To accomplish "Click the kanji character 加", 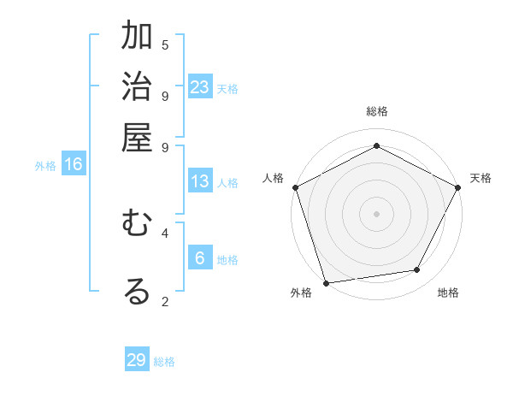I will [137, 38].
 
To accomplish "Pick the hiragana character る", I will [137, 291].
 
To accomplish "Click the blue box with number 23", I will [200, 87].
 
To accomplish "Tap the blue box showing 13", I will [200, 181].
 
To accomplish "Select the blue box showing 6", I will [200, 258].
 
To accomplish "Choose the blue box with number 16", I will [74, 164].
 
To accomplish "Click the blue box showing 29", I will [137, 360].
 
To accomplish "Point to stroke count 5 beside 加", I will [165, 44].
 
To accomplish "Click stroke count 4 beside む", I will [165, 232].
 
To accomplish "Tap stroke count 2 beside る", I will [165, 300].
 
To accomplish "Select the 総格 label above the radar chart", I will [376, 111].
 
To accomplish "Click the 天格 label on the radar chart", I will [481, 178].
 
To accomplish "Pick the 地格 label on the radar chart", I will [448, 293].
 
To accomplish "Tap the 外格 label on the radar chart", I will [301, 293].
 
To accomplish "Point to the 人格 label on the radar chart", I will [273, 178].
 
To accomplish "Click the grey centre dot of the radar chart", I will [376, 213].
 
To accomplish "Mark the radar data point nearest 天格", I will [457, 187].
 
